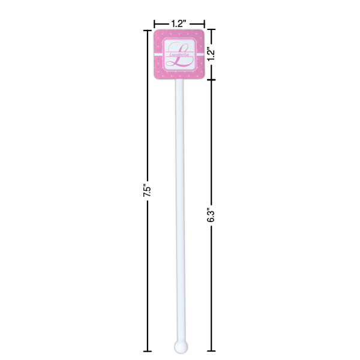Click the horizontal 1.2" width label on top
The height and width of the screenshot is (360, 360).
(x=179, y=23)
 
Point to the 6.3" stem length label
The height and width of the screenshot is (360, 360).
(x=211, y=215)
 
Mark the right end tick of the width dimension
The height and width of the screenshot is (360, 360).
(x=205, y=23)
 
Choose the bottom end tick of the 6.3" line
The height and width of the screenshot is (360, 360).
(x=211, y=351)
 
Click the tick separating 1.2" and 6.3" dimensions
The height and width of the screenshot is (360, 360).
(x=211, y=80)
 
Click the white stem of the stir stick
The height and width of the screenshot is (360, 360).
(x=179, y=210)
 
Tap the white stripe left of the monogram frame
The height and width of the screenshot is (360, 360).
(x=158, y=54)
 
